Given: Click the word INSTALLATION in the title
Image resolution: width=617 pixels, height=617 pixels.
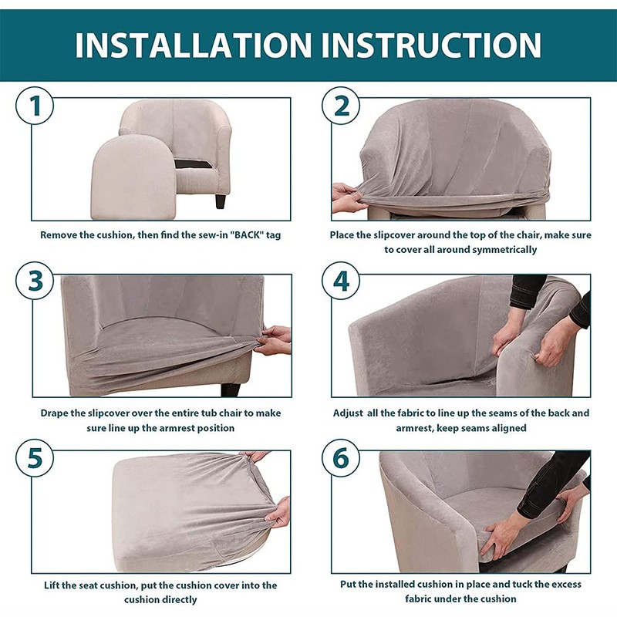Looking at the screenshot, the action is (x=194, y=46).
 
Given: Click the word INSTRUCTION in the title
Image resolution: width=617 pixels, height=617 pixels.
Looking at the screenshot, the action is (x=431, y=46).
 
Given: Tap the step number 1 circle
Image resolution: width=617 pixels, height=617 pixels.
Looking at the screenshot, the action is (x=35, y=106).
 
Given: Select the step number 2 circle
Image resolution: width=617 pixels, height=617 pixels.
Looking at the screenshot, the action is (x=341, y=106).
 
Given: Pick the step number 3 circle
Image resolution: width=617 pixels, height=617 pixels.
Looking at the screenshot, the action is (x=35, y=281).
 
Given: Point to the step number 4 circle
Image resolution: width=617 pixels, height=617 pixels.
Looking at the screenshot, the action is (x=341, y=281).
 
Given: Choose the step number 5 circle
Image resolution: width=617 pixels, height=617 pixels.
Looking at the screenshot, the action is (x=35, y=458).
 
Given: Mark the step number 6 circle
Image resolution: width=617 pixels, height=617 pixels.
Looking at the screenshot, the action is (x=341, y=458).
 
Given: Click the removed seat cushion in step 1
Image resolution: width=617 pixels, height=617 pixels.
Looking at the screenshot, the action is (x=133, y=177).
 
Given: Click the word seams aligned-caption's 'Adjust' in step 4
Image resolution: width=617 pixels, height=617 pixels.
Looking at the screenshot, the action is (x=348, y=413).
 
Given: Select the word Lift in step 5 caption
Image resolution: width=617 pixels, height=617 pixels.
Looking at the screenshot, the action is (x=51, y=585).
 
